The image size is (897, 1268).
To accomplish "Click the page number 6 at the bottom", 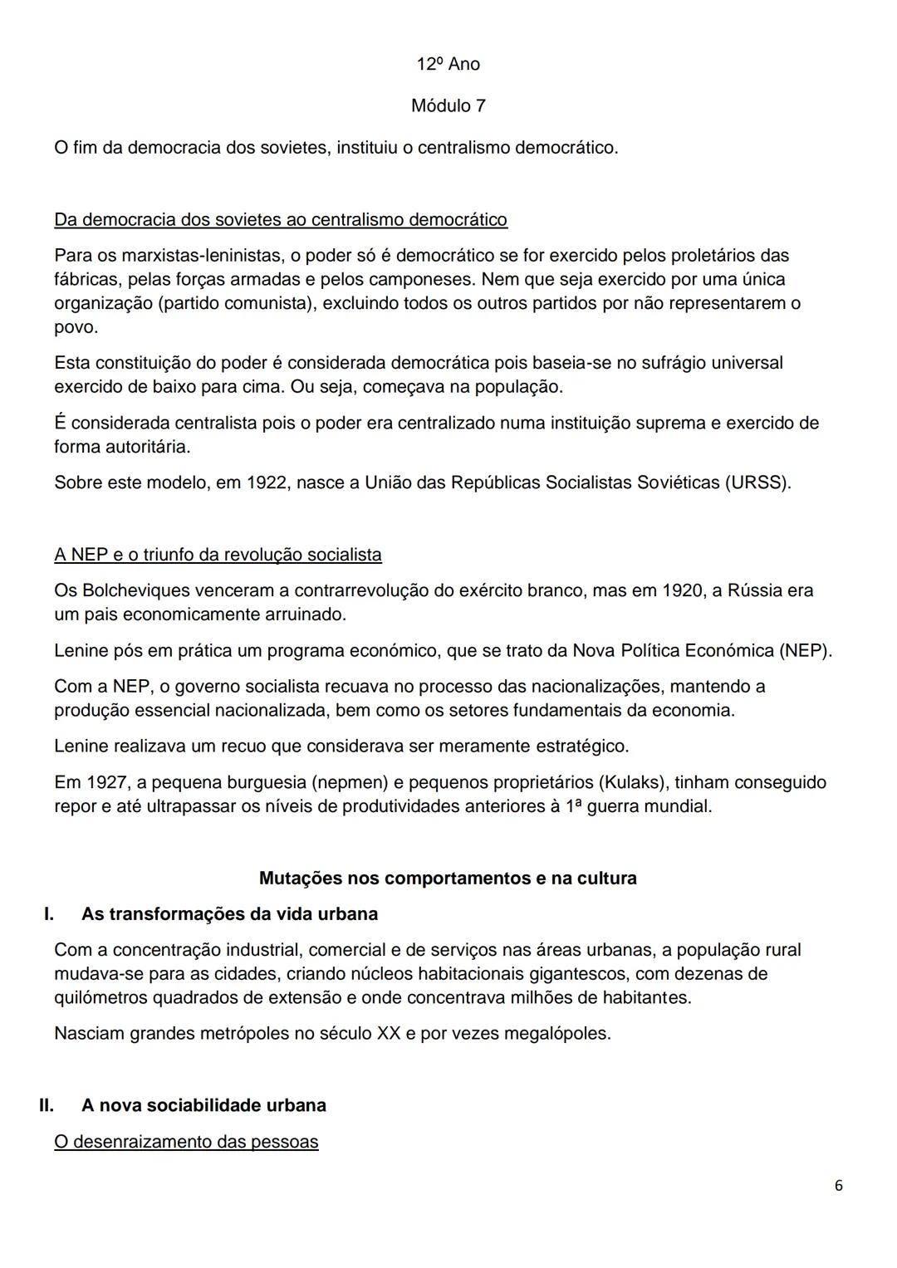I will (x=838, y=1186).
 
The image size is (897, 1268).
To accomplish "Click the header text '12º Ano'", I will (x=448, y=64).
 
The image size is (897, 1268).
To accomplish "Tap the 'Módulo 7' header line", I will (x=448, y=106).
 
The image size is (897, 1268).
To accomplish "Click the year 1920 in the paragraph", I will (x=682, y=590).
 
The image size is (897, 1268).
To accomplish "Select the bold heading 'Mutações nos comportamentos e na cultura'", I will (x=448, y=878).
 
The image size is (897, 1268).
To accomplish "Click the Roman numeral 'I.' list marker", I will (x=49, y=914).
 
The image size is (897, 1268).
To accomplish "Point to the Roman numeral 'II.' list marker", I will (x=47, y=1105).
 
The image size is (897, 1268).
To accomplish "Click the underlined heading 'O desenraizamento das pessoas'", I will (x=186, y=1142).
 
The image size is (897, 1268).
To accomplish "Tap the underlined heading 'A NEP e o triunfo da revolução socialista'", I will (x=218, y=555).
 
